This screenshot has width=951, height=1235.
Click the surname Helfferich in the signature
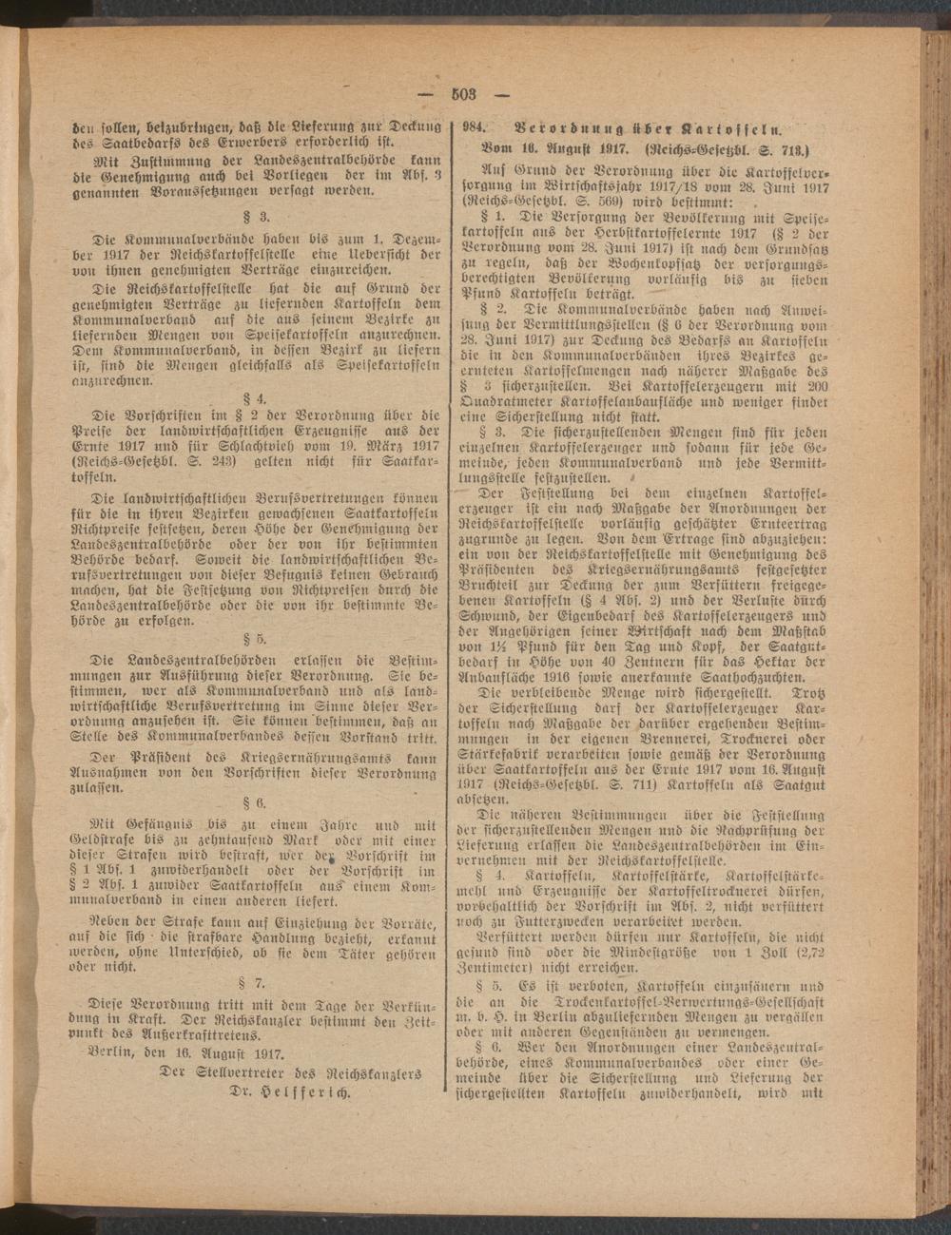pyautogui.click(x=302, y=1092)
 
